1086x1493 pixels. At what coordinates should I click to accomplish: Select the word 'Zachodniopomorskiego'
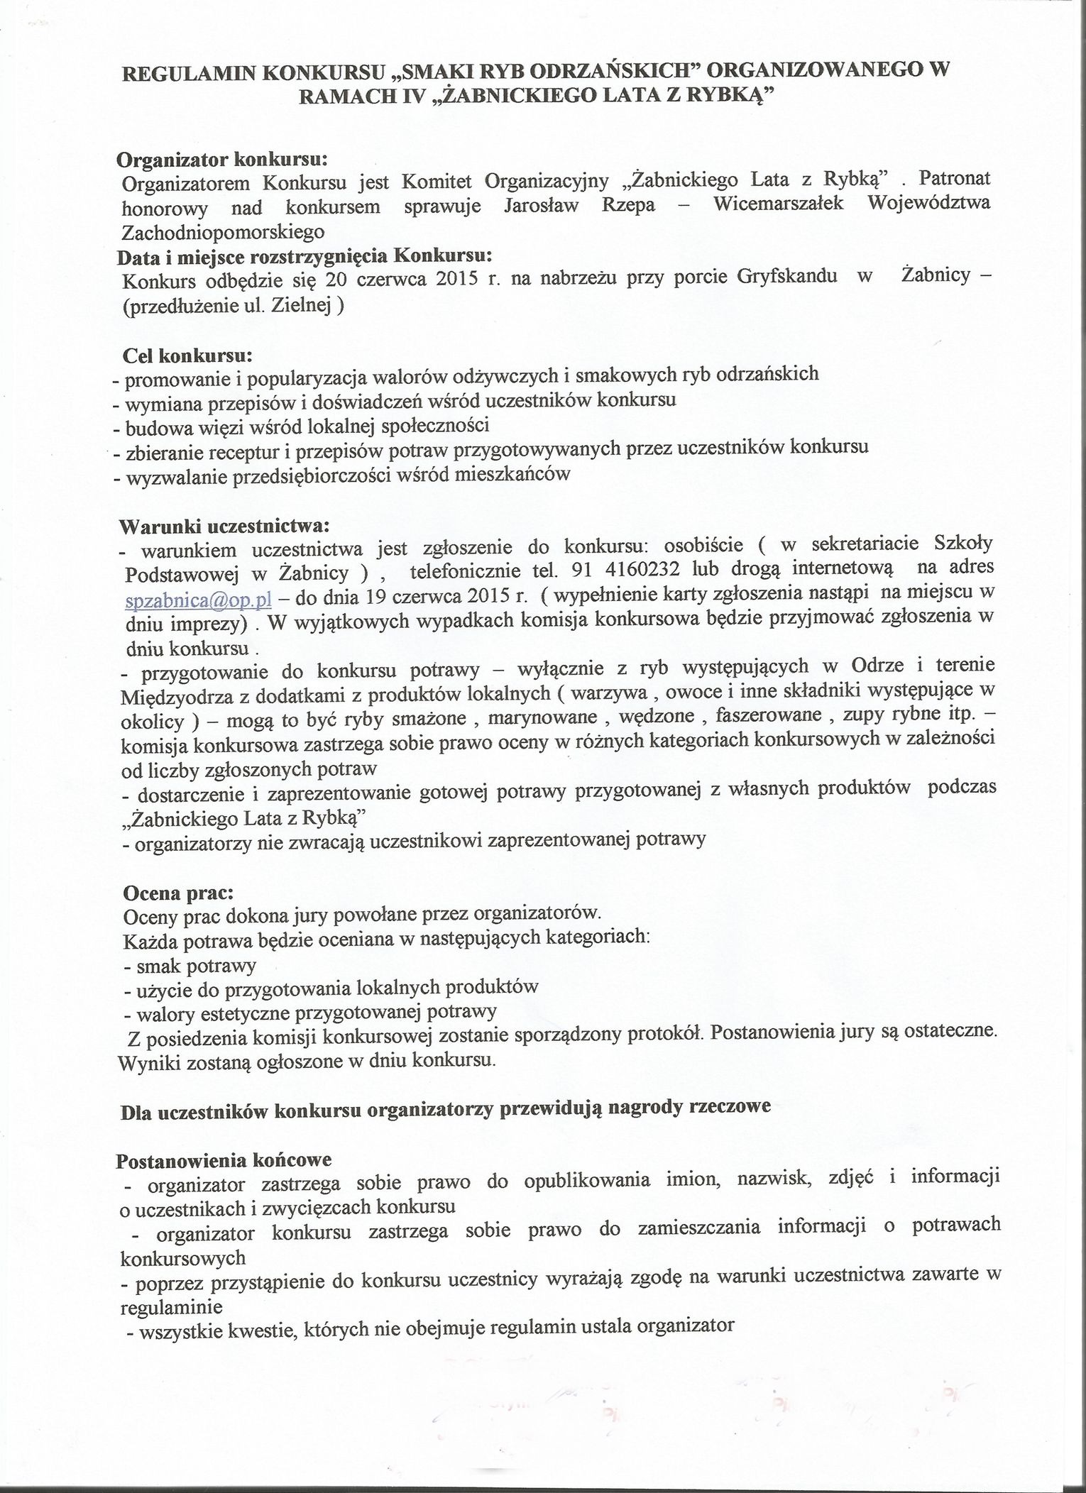(223, 231)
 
